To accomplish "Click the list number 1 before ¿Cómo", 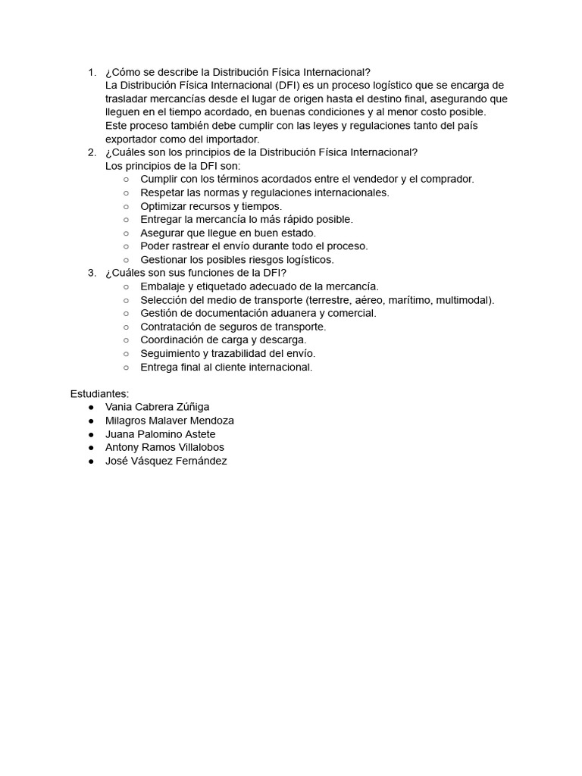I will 91,72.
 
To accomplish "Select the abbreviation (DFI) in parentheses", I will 286,86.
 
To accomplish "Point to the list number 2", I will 91,152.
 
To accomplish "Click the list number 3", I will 91,273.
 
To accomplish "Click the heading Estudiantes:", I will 100,393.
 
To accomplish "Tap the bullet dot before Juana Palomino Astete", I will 91,434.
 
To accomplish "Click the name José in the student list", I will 117,461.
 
